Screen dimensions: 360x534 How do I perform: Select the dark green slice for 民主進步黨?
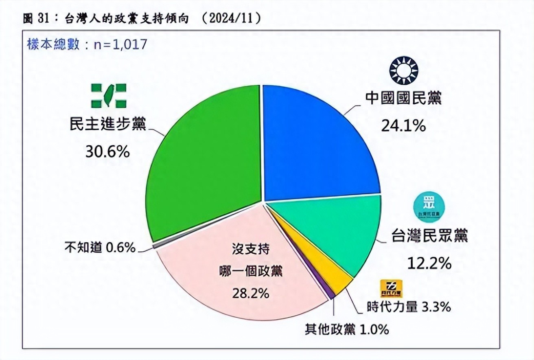click(204, 163)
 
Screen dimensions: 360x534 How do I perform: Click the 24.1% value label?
click(403, 126)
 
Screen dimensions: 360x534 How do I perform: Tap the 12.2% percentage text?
click(429, 263)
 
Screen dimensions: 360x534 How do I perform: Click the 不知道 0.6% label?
click(100, 248)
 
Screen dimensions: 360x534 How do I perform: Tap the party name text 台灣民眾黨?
click(429, 236)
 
